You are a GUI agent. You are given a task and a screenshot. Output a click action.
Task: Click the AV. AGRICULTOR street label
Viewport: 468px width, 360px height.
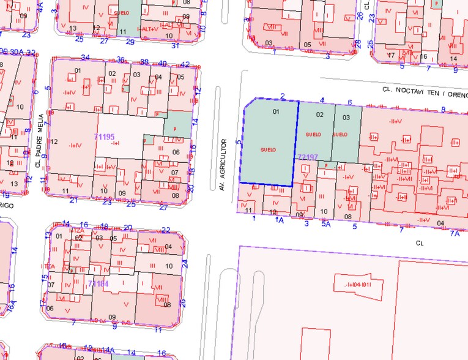(x=224, y=163)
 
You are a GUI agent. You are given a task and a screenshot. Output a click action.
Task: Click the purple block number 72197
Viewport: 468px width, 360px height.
(x=308, y=157)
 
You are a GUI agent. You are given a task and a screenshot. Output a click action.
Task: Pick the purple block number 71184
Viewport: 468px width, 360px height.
(x=98, y=283)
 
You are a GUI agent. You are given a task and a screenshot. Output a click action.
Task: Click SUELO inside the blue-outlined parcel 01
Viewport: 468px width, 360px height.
(x=268, y=149)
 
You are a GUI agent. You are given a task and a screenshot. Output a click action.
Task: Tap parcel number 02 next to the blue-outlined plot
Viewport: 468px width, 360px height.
(x=319, y=114)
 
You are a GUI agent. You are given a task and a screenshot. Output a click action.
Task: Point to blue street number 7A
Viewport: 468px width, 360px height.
(x=454, y=233)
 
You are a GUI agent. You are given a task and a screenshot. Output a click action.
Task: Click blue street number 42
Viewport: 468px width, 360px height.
(x=185, y=64)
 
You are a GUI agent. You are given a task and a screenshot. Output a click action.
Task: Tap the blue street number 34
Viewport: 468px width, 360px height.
(x=86, y=58)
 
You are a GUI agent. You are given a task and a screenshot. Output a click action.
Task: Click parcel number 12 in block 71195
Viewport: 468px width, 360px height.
(x=54, y=142)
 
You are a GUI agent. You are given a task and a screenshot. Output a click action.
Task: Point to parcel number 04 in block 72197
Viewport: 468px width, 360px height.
(x=440, y=223)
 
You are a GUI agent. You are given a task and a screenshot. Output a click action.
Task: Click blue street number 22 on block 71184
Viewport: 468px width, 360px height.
(x=166, y=230)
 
